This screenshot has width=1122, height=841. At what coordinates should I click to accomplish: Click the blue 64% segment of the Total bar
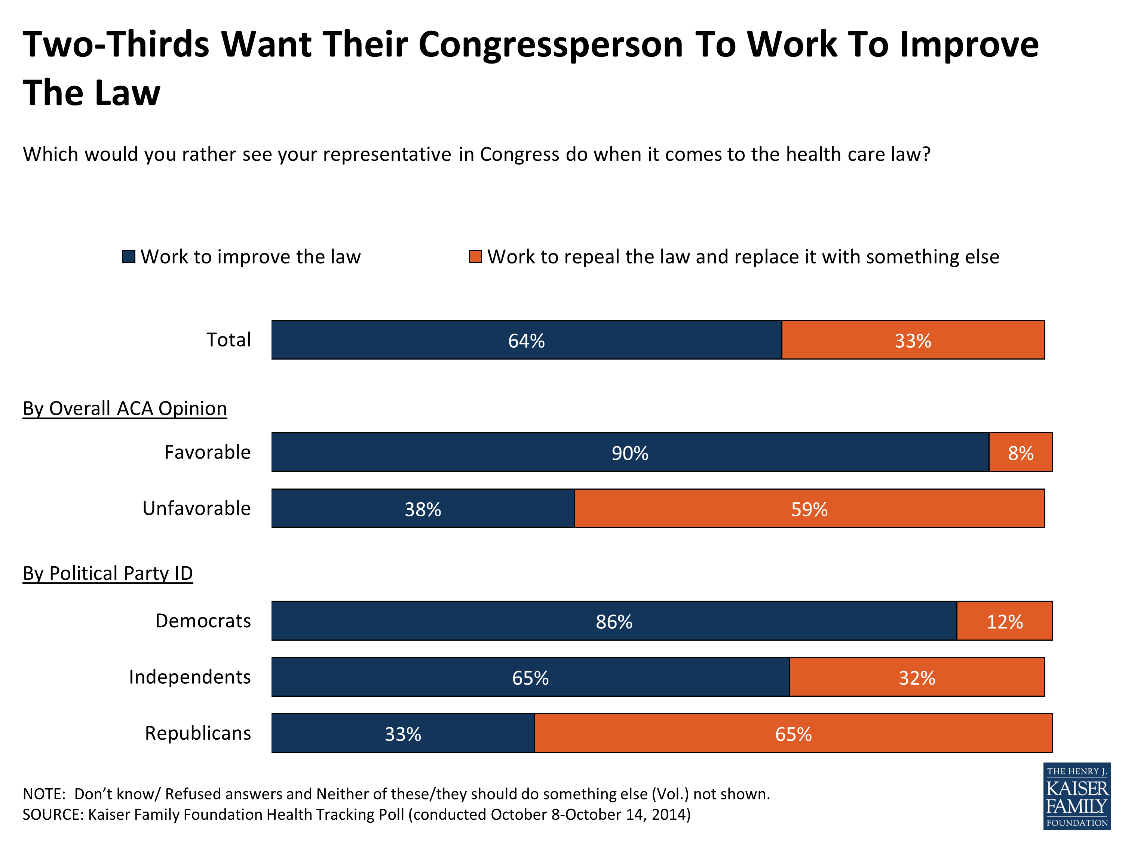[527, 340]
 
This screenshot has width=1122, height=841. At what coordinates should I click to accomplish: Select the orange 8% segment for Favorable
[1021, 453]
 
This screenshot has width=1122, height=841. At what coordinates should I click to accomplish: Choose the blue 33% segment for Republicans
[403, 733]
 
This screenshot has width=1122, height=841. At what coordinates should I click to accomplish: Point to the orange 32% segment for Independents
[917, 678]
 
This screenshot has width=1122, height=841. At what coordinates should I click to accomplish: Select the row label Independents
[190, 677]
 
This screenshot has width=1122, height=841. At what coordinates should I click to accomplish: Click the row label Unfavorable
[196, 508]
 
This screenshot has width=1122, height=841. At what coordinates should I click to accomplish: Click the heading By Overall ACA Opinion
[125, 409]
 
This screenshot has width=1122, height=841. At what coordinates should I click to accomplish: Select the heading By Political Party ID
[108, 573]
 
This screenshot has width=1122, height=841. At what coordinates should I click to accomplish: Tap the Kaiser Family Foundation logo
[1076, 797]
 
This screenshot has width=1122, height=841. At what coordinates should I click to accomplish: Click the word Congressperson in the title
[551, 44]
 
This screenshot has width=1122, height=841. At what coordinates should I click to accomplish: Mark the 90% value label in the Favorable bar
[629, 453]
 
